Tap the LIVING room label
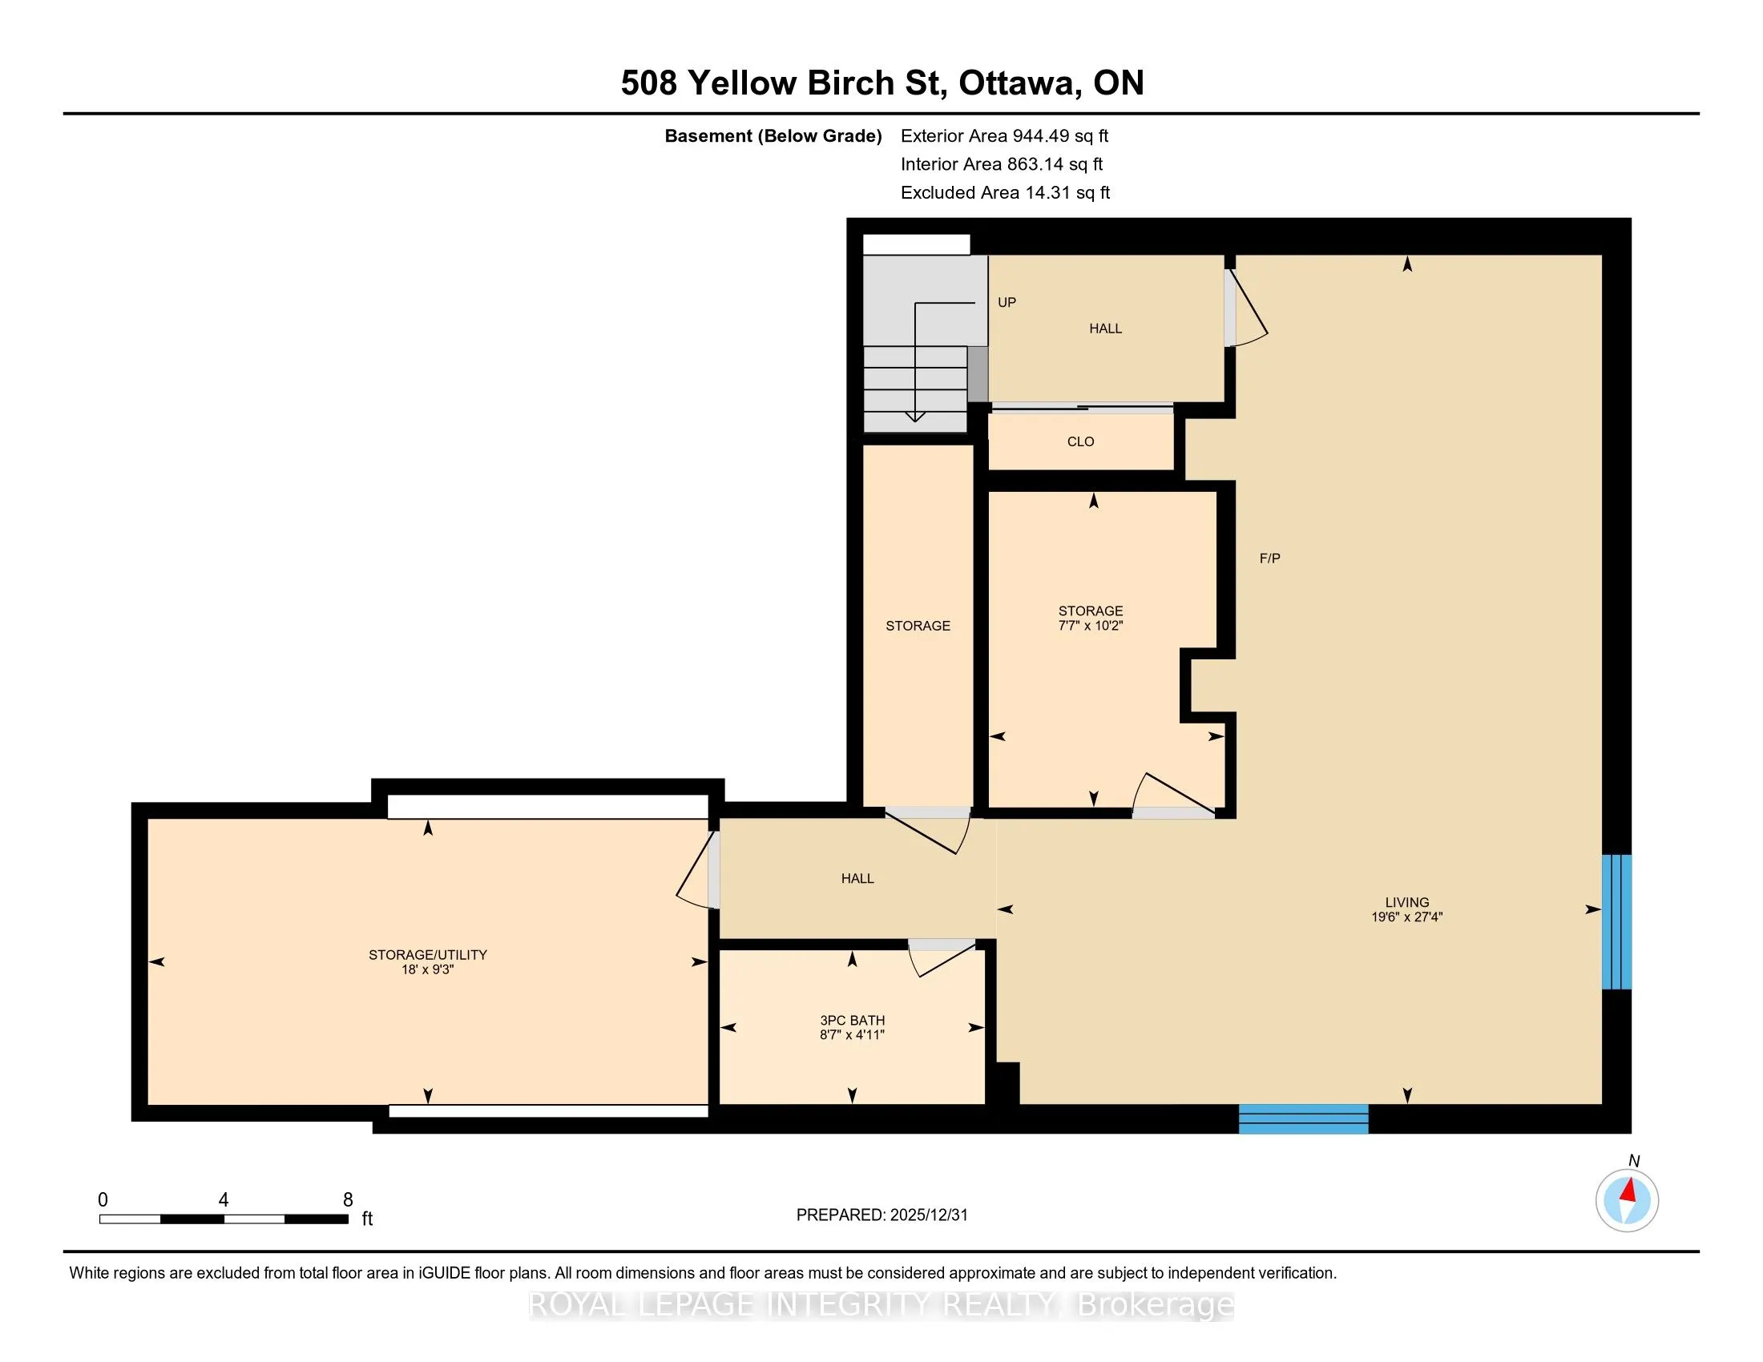(1407, 902)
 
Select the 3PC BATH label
(853, 1020)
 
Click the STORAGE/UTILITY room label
(428, 954)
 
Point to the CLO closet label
(1081, 441)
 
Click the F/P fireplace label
(1270, 558)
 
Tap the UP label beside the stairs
(1007, 302)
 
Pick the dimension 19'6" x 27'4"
(1407, 917)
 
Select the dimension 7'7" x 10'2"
(1091, 626)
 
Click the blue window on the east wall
(1617, 921)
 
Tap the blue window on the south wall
(1304, 1118)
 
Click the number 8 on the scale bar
(348, 1200)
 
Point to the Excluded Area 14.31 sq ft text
(1005, 192)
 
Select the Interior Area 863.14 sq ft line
(1002, 163)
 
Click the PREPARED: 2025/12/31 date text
(881, 1215)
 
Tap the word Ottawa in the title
(1019, 83)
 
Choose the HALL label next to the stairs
(1105, 328)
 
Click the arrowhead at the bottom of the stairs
(914, 417)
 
